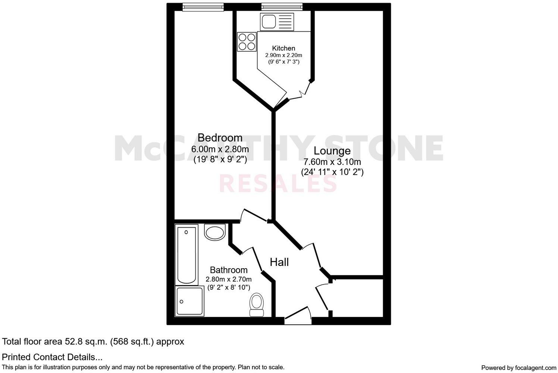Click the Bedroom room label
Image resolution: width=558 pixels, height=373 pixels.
point(220,138)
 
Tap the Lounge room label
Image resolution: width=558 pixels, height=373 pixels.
point(332,151)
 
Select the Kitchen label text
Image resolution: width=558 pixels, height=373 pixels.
point(283,48)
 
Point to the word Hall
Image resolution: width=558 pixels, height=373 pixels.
point(279,262)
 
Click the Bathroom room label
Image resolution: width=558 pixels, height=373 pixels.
point(229,270)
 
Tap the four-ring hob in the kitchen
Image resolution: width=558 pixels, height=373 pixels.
point(247,41)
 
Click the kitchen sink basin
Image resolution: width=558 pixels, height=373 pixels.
point(269,21)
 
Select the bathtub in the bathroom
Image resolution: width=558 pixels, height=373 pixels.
point(186,255)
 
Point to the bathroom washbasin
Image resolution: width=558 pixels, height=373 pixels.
point(215,232)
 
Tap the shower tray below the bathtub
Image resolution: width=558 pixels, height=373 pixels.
point(189,301)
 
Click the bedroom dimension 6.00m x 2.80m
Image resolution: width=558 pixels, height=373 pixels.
point(220,149)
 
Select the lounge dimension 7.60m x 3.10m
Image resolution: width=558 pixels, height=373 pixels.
point(332,162)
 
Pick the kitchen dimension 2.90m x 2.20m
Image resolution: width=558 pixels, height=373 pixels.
point(283,55)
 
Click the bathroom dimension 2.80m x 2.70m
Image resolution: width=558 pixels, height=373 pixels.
point(229,279)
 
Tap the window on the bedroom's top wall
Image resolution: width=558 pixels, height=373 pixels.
point(203,7)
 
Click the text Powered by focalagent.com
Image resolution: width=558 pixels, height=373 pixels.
point(518,367)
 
